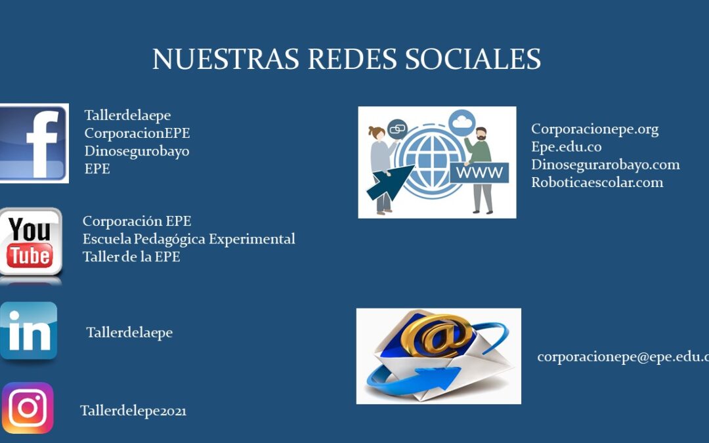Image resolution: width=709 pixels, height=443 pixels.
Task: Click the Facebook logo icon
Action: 34,143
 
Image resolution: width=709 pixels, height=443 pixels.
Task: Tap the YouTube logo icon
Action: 31,242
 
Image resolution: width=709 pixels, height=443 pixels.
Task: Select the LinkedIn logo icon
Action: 28,331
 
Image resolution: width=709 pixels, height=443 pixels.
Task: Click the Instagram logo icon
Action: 28,408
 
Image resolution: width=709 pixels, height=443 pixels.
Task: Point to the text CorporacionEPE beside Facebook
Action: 137,133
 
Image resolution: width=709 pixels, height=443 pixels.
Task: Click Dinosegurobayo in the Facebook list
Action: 137,151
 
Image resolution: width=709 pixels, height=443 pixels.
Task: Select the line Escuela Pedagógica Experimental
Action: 188,239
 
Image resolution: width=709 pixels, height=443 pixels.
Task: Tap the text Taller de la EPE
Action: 131,257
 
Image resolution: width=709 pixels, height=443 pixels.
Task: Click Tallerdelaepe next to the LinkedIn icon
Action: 129,333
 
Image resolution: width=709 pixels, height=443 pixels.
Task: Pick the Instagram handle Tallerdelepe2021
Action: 133,411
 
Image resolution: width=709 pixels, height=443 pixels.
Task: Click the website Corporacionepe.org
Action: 595,129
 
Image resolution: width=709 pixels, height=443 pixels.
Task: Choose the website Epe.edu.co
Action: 566,147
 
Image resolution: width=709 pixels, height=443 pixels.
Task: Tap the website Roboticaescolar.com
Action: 597,182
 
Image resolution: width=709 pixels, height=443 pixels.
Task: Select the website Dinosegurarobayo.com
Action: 605,165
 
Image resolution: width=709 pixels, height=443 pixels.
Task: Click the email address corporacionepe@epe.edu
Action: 623,357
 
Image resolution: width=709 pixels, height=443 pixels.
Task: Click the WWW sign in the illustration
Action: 479,172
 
